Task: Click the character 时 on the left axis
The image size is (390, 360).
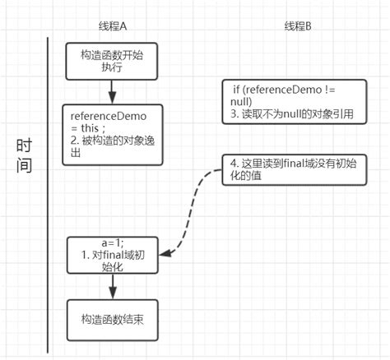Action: tap(26, 145)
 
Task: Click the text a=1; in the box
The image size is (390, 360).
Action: tap(112, 242)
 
